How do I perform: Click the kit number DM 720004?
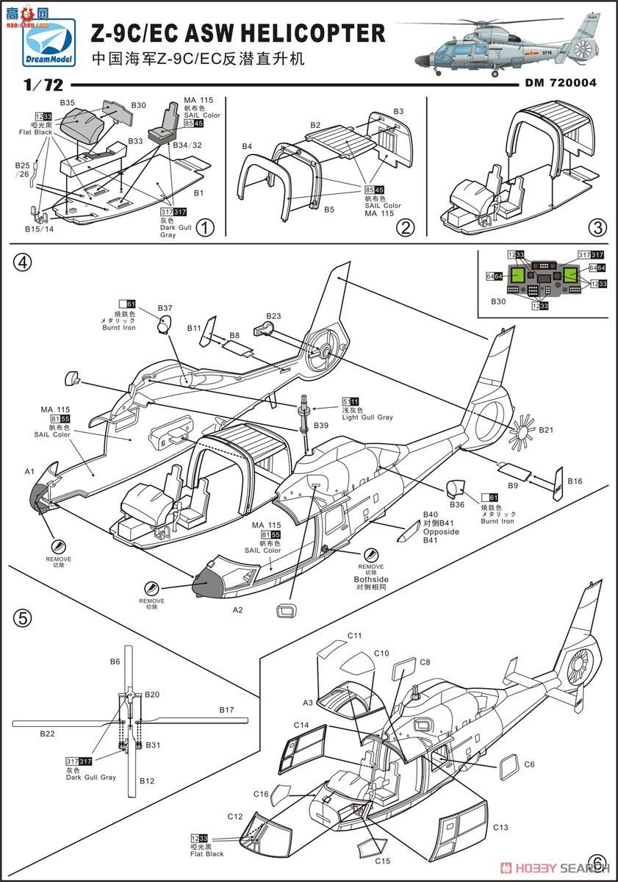(x=561, y=83)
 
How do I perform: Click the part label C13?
(x=500, y=827)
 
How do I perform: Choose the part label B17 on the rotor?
(x=226, y=710)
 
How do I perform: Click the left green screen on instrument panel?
(x=517, y=275)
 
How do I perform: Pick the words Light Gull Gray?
(x=367, y=417)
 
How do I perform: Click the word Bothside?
(x=371, y=579)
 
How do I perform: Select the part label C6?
(x=529, y=764)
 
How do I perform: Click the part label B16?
(x=575, y=481)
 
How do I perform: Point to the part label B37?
(x=165, y=308)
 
